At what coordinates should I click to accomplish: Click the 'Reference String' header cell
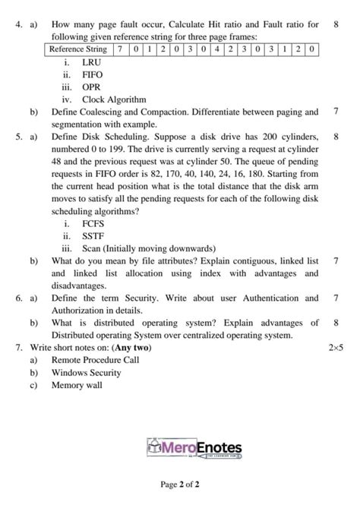(x=77, y=49)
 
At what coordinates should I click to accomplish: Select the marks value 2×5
(x=336, y=347)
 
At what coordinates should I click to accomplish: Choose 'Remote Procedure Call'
(x=95, y=360)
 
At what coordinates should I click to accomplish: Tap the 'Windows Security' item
(x=86, y=372)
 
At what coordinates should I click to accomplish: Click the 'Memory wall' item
(x=76, y=384)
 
